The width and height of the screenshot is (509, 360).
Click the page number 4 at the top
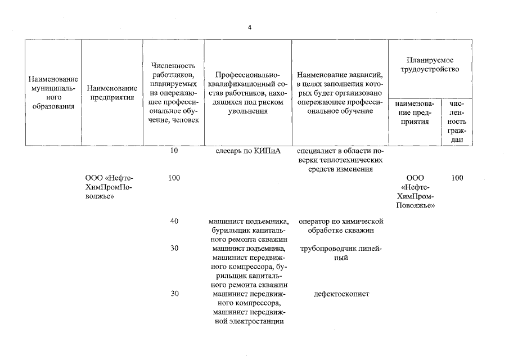(x=250, y=28)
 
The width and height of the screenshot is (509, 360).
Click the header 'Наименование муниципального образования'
(x=53, y=93)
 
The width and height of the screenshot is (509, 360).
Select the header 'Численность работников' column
(x=174, y=93)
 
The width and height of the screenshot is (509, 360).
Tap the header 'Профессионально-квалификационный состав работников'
(x=247, y=93)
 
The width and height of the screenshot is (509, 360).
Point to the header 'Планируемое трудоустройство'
(x=429, y=64)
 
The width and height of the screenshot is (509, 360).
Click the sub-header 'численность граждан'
(x=457, y=121)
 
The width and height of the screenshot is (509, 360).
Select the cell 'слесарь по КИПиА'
(x=247, y=151)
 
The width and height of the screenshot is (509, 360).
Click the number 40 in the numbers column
(x=174, y=221)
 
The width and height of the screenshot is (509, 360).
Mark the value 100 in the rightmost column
(x=457, y=178)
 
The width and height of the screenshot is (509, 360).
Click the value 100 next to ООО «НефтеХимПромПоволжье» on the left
(x=174, y=178)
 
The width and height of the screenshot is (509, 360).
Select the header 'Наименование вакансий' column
(x=340, y=93)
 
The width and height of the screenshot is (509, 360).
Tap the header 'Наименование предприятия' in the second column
(x=112, y=93)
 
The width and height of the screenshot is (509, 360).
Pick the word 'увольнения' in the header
(x=247, y=111)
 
